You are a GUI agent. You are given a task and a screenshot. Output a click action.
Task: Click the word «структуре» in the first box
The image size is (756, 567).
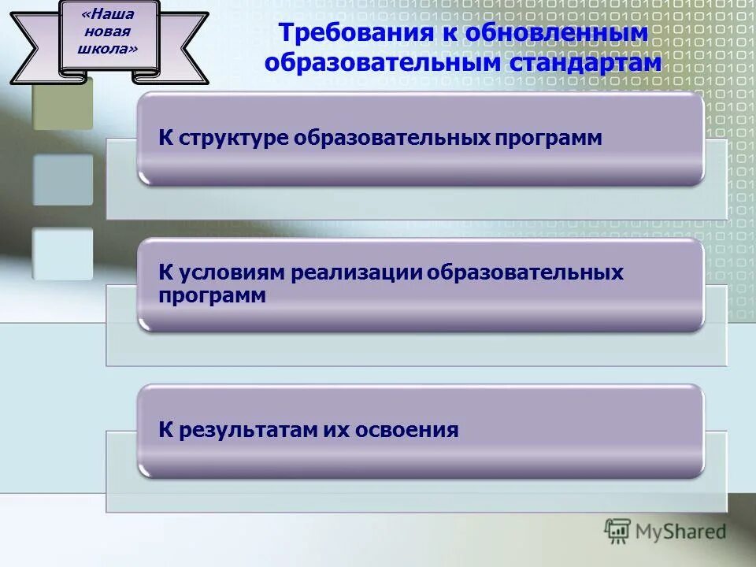[x=234, y=139]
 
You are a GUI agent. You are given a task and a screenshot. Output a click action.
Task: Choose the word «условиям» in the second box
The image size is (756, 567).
[x=232, y=273]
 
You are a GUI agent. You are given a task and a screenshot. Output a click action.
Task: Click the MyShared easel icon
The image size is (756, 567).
[x=617, y=532]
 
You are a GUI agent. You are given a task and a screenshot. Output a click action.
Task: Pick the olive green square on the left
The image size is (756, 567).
[x=62, y=102]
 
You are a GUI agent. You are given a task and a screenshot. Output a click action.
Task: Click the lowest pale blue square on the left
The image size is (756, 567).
[x=62, y=254]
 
